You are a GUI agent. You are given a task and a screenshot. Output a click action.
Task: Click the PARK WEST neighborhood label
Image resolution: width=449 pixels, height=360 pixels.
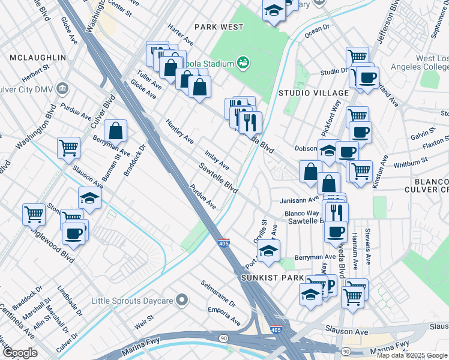point(219,27)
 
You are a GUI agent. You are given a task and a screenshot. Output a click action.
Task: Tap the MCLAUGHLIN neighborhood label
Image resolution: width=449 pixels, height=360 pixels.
point(37,57)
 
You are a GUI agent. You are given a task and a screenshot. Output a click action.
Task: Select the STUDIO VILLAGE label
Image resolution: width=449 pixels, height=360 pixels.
point(313,93)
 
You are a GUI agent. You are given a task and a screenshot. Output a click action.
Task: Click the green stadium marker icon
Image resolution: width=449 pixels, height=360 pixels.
point(243,62)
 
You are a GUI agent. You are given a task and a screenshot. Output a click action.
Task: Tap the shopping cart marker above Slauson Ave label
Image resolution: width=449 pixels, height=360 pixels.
point(69,147)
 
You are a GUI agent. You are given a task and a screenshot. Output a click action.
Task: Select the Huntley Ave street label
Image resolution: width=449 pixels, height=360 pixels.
point(179,131)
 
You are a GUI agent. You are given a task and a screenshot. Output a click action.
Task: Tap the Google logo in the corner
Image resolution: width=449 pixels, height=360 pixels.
point(20,352)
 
